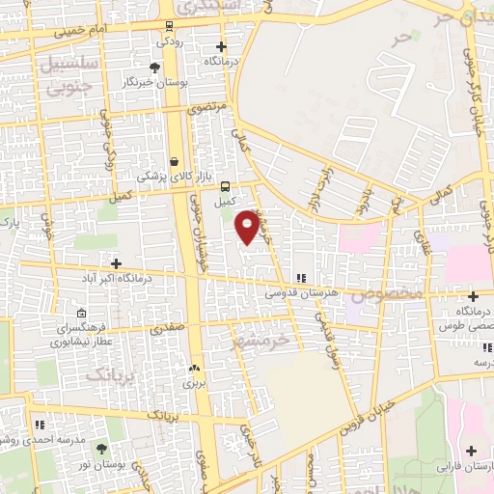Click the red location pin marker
click(247, 226)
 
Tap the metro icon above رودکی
click(170, 26)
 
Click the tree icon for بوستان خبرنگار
click(153, 67)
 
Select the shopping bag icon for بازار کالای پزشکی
click(174, 161)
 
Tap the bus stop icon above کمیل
click(225, 186)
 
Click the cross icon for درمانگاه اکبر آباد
click(116, 262)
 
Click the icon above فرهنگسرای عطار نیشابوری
click(82, 314)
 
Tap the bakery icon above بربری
click(195, 368)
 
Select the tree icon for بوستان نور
click(102, 450)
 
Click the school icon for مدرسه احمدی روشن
click(40, 424)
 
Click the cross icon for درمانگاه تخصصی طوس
click(473, 296)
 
